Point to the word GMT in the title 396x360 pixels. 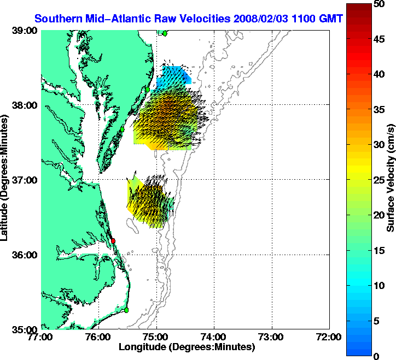(x=331, y=19)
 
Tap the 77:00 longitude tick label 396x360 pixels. (x=42, y=337)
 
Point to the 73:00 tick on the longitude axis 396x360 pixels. (x=271, y=337)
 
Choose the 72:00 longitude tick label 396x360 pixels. (x=329, y=337)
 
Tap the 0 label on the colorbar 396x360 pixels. (x=376, y=356)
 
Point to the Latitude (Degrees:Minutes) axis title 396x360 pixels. (x=7, y=180)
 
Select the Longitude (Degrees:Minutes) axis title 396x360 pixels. (x=186, y=347)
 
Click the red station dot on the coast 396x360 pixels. (x=113, y=241)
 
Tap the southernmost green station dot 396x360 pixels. (x=126, y=310)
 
